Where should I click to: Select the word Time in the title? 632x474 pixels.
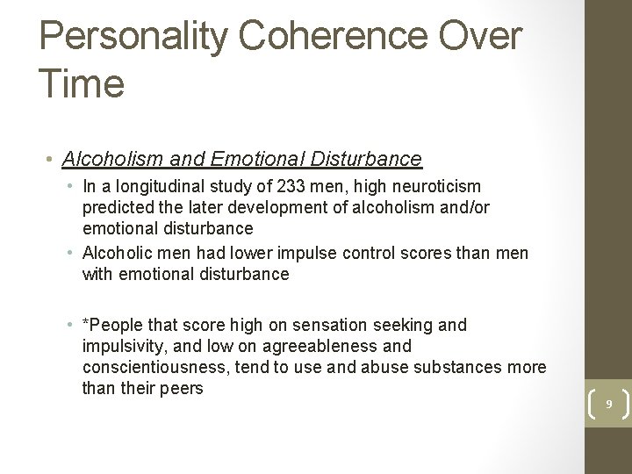point(83,83)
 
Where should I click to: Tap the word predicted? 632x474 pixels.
point(120,207)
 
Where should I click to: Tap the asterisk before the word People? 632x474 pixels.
point(86,324)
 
